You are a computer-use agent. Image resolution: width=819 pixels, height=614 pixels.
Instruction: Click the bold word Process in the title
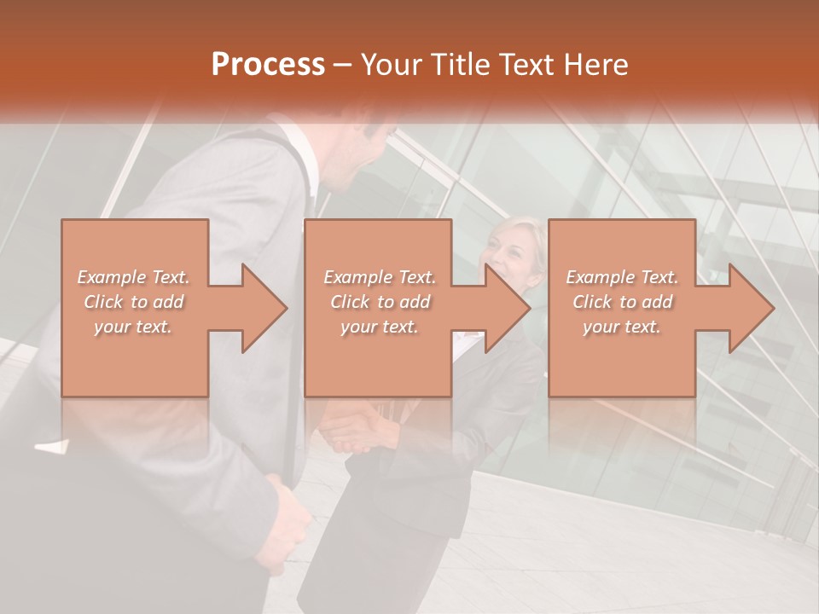click(x=268, y=65)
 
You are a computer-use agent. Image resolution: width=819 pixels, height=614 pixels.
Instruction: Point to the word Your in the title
click(x=393, y=65)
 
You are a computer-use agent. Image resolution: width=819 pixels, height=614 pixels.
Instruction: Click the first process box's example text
click(x=133, y=302)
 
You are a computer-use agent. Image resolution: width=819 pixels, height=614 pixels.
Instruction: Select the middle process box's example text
click(x=380, y=302)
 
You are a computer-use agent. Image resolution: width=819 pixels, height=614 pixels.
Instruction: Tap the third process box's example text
click(x=622, y=302)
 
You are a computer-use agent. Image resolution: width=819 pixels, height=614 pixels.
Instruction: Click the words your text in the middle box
click(x=380, y=327)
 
